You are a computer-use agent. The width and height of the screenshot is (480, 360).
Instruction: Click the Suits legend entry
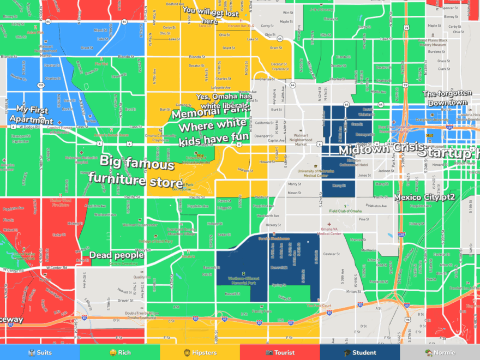pyautogui.click(x=40, y=352)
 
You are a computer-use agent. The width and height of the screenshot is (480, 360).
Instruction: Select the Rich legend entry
pyautogui.click(x=119, y=352)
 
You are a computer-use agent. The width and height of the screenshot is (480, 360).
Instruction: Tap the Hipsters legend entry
pyautogui.click(x=200, y=352)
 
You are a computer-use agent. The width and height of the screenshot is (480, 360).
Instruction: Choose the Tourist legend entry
pyautogui.click(x=280, y=352)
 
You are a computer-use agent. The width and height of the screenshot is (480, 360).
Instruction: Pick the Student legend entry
pyautogui.click(x=359, y=352)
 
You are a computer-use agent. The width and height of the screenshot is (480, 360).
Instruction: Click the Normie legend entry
pyautogui.click(x=440, y=352)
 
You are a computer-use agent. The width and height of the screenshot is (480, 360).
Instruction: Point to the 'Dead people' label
pyautogui.click(x=116, y=255)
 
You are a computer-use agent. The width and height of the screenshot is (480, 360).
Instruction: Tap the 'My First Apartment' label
pyautogui.click(x=34, y=116)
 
